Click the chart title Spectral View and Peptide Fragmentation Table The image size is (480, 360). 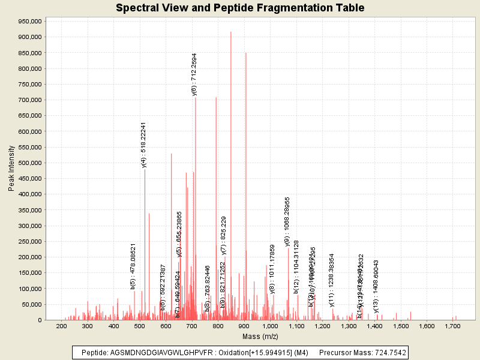pos(240,8)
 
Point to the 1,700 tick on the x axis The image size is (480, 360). pos(452,326)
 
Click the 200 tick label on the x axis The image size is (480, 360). pos(61,326)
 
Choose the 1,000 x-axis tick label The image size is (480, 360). pos(269,326)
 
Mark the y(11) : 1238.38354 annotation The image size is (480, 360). pos(332,280)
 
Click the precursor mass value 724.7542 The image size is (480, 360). pos(388,353)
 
